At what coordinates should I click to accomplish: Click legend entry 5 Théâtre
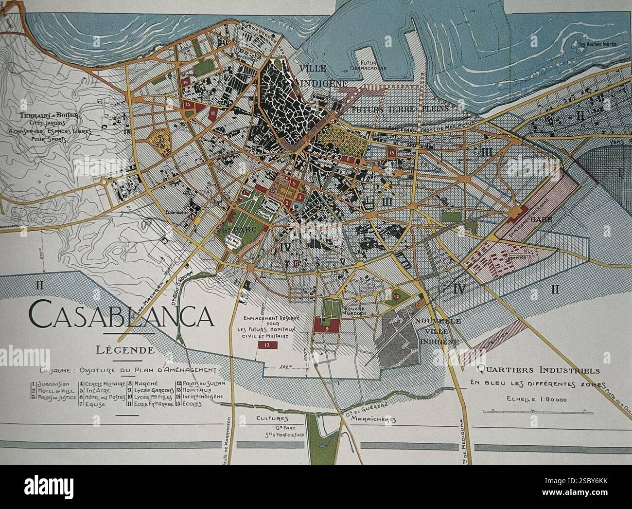pos(97,390)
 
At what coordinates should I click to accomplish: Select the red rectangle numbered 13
pos(267,345)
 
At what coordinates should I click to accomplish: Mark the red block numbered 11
pos(213,113)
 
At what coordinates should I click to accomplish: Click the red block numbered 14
pos(186,83)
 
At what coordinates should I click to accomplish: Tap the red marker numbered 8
pos(348,159)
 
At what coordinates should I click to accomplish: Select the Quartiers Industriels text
pos(538,370)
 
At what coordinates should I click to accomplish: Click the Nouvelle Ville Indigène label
pos(438,331)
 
